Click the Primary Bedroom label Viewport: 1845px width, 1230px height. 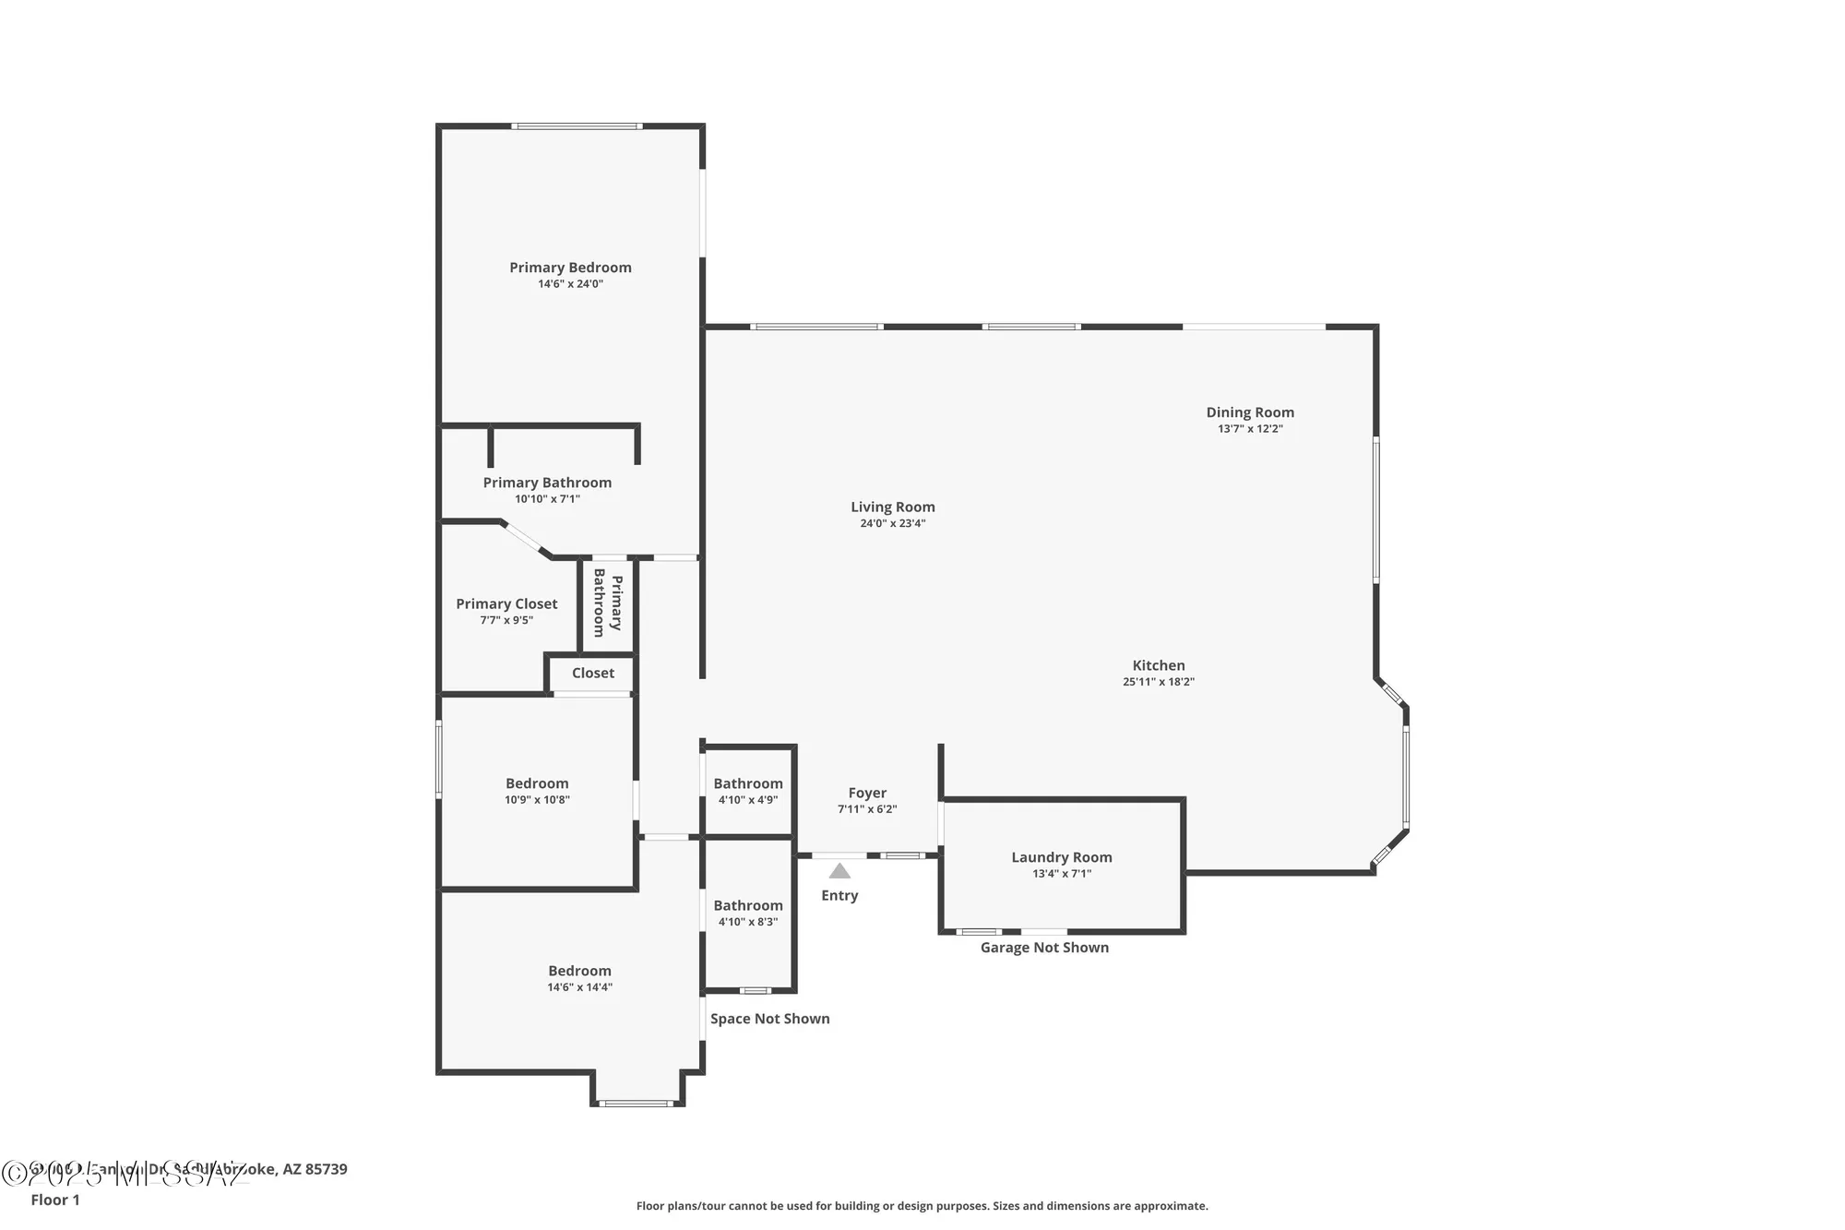pyautogui.click(x=570, y=268)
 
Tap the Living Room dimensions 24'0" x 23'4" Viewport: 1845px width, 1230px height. pyautogui.click(x=892, y=523)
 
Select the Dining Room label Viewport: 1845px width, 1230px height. pyautogui.click(x=1250, y=412)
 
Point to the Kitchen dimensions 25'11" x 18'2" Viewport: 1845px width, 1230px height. pyautogui.click(x=1158, y=682)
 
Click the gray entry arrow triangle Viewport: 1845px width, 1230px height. pyautogui.click(x=839, y=871)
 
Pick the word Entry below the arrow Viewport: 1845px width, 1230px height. pyautogui.click(x=839, y=895)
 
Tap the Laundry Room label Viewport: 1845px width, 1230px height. pyautogui.click(x=1061, y=857)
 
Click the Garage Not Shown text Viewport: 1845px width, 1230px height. pyautogui.click(x=1044, y=948)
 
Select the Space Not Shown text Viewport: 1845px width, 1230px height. pyautogui.click(x=769, y=1019)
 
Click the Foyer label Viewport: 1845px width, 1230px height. pyautogui.click(x=867, y=793)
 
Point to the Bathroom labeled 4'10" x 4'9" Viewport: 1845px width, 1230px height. pyautogui.click(x=747, y=783)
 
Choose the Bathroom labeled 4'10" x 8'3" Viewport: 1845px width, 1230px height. pyautogui.click(x=747, y=906)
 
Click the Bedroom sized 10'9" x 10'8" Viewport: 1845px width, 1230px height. pyautogui.click(x=537, y=783)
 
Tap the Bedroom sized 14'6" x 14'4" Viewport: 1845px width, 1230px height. pyautogui.click(x=579, y=971)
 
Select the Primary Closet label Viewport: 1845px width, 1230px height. pyautogui.click(x=506, y=603)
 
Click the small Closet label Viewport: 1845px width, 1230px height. pyautogui.click(x=592, y=673)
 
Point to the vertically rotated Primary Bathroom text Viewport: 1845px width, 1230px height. pyautogui.click(x=608, y=603)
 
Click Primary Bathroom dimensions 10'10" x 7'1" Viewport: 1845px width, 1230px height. pyautogui.click(x=547, y=499)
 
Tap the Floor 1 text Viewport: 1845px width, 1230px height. pyautogui.click(x=55, y=1200)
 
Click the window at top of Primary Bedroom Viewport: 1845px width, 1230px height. pyautogui.click(x=577, y=126)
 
